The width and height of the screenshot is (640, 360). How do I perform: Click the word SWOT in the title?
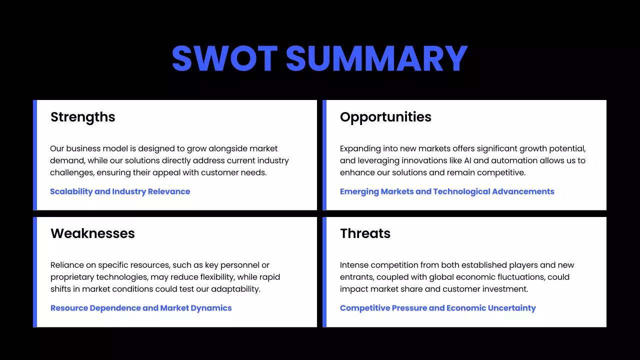[224, 59]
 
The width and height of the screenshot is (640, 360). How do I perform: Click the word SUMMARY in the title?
[376, 59]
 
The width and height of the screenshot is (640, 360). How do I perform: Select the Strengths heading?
[83, 117]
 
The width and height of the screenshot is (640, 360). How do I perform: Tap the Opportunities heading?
[385, 117]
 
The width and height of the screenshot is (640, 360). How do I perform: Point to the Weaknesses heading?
[92, 233]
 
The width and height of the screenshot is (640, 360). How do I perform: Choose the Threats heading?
[365, 233]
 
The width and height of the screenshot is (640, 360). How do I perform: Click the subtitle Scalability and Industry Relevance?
[120, 191]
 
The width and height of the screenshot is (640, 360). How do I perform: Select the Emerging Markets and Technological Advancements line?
[447, 191]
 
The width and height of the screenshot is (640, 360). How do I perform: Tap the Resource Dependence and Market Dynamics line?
[141, 308]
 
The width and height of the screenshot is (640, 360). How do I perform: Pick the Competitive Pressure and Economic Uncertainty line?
[437, 308]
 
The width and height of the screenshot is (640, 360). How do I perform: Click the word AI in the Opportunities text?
[475, 160]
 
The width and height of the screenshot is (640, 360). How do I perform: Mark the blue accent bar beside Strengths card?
[35, 155]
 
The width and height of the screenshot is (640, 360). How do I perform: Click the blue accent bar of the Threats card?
[324, 272]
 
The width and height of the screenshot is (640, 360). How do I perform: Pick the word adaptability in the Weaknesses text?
[235, 289]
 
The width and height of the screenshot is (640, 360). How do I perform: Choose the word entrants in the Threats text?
[356, 277]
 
